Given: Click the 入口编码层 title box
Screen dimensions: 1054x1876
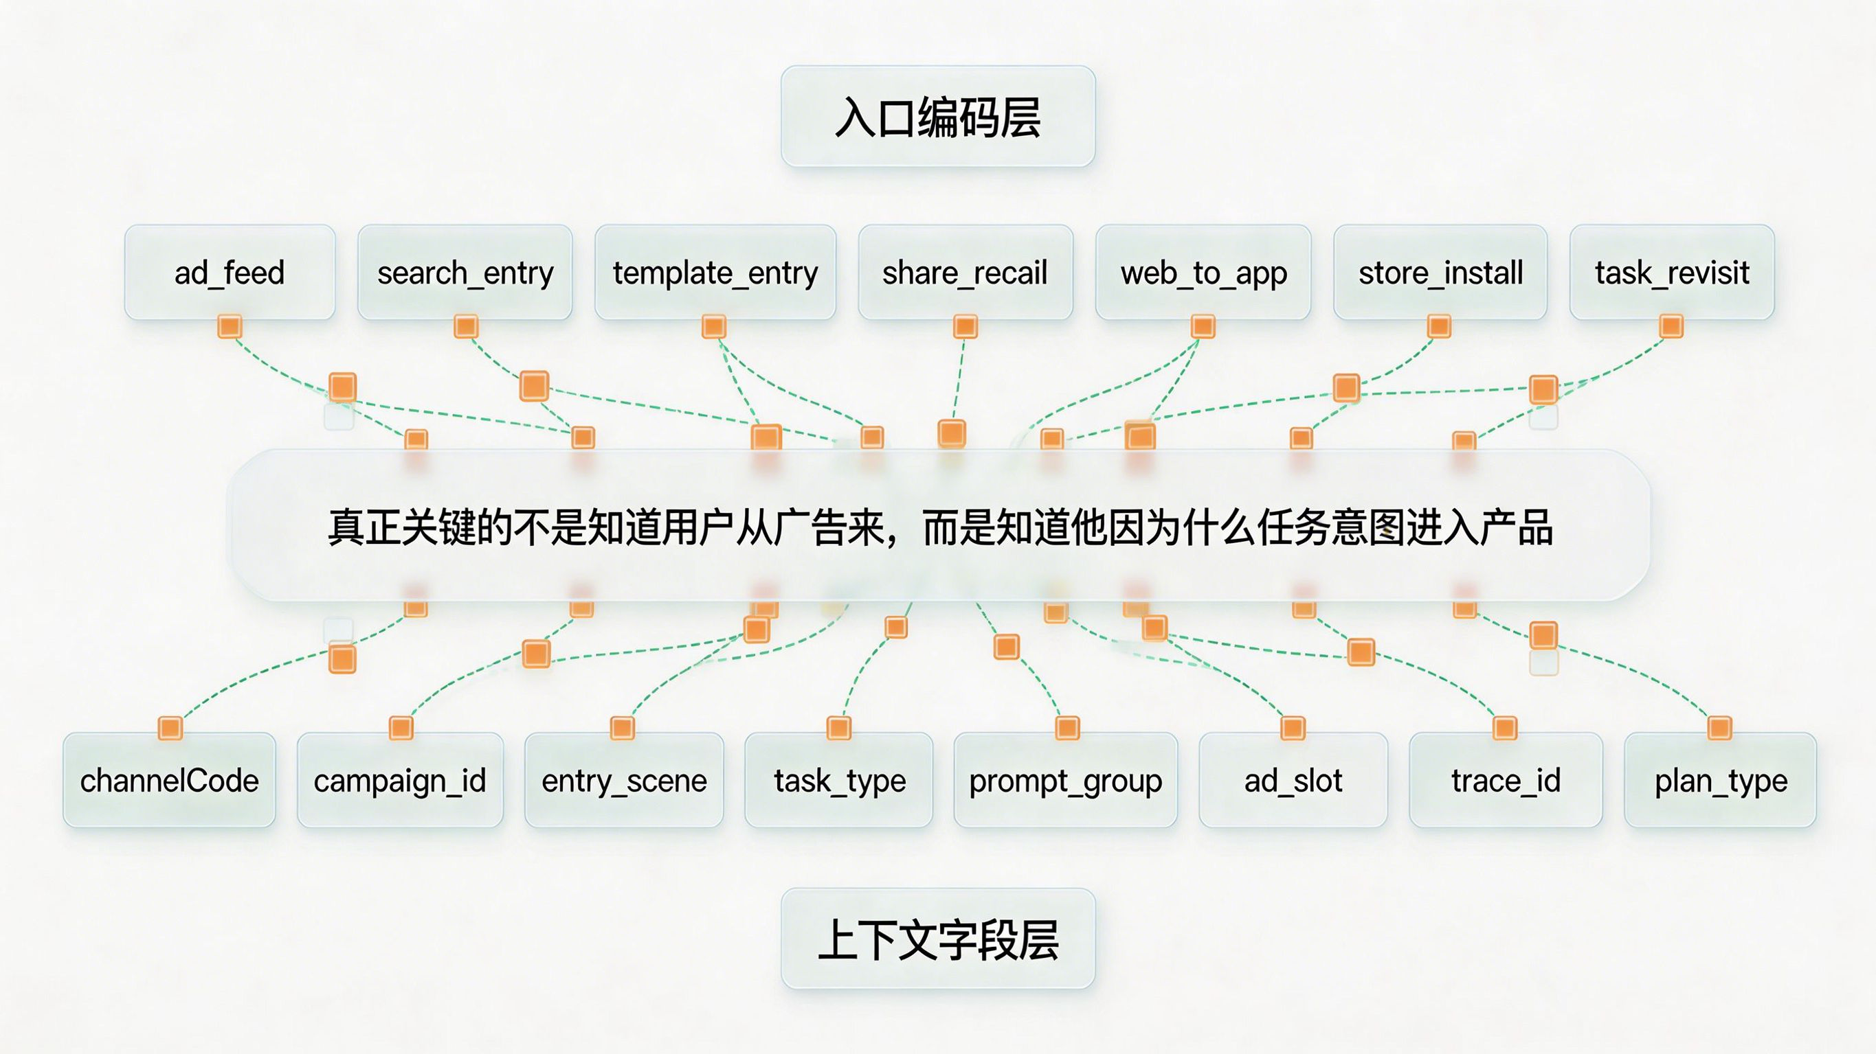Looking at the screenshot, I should point(938,117).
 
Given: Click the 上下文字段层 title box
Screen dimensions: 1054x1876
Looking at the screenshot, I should point(938,939).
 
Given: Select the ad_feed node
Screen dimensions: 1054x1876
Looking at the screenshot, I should point(230,272).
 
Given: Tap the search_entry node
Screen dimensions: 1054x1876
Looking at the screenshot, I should point(465,272).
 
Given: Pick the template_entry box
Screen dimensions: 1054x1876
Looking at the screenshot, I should point(715,272).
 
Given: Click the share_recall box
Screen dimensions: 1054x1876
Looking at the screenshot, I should point(965,272).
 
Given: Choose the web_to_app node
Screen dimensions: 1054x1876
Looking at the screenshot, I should point(1203,272).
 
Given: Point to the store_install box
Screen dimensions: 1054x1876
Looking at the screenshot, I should point(1440,272).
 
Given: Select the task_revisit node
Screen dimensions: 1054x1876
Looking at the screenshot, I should point(1671,272).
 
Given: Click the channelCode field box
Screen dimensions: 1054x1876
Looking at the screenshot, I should point(169,780).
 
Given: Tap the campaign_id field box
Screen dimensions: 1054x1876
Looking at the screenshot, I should point(400,780).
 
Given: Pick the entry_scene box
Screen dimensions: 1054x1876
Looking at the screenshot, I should point(624,780).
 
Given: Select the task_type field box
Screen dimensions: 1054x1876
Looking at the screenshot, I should point(839,780).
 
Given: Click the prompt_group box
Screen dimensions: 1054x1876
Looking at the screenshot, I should point(1065,780).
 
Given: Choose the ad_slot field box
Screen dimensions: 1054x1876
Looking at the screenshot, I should point(1293,780).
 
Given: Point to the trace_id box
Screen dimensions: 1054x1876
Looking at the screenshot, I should point(1506,780).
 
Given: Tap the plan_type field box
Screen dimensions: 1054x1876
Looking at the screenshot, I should point(1720,780).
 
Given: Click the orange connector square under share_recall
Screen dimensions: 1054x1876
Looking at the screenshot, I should point(965,326).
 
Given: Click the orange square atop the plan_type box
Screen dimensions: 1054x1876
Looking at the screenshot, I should point(1719,728).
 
